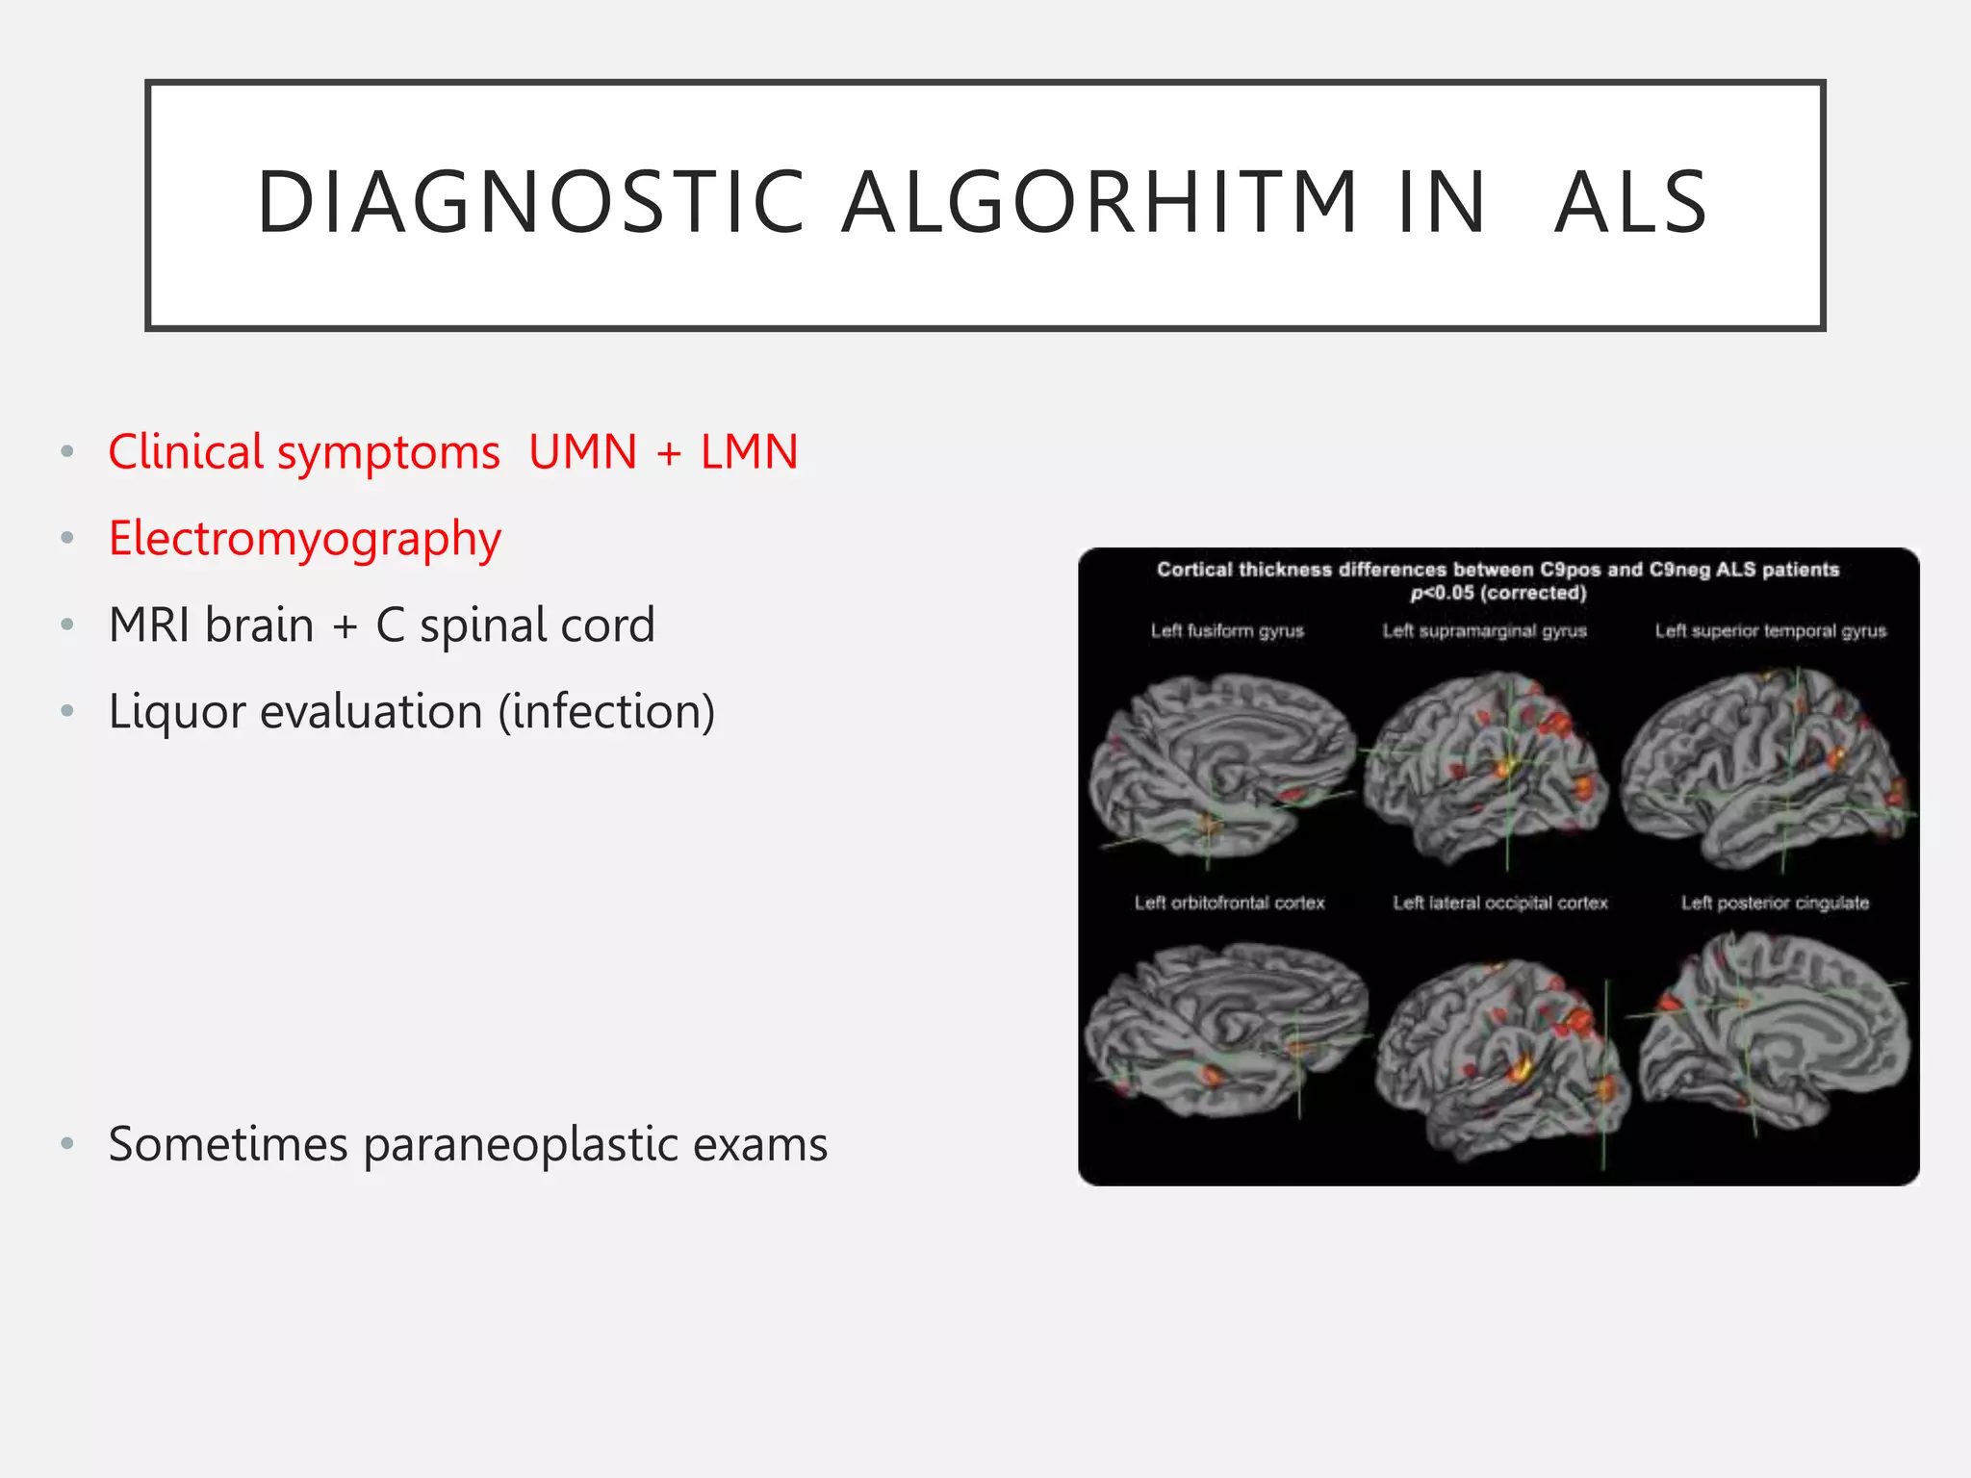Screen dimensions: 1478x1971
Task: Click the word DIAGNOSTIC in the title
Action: pyautogui.click(x=530, y=202)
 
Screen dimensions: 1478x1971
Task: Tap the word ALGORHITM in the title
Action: pyautogui.click(x=1100, y=202)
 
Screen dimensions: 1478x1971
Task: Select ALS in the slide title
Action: pyautogui.click(x=1631, y=202)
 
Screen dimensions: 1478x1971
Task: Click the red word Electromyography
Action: pyautogui.click(x=304, y=539)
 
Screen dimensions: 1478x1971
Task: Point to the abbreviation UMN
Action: pyautogui.click(x=582, y=452)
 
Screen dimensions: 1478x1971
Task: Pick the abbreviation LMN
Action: pyautogui.click(x=749, y=452)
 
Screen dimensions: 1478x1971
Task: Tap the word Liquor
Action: pyautogui.click(x=177, y=713)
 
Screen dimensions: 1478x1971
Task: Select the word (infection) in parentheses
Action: pyautogui.click(x=606, y=713)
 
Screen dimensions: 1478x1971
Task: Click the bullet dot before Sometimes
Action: pyautogui.click(x=66, y=1144)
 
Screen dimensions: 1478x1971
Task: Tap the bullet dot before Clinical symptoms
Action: pyautogui.click(x=66, y=452)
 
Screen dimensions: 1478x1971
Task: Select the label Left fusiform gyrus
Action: pyautogui.click(x=1227, y=631)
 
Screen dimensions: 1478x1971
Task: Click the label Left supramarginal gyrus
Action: pyautogui.click(x=1484, y=631)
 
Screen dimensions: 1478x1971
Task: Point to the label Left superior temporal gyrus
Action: pyautogui.click(x=1770, y=631)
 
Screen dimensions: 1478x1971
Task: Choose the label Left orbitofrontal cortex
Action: pyautogui.click(x=1229, y=903)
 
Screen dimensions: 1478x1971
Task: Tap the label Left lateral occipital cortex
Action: pyautogui.click(x=1499, y=903)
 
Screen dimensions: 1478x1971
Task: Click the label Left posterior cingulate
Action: pyautogui.click(x=1775, y=903)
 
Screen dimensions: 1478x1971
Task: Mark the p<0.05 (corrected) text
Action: pyautogui.click(x=1497, y=593)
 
